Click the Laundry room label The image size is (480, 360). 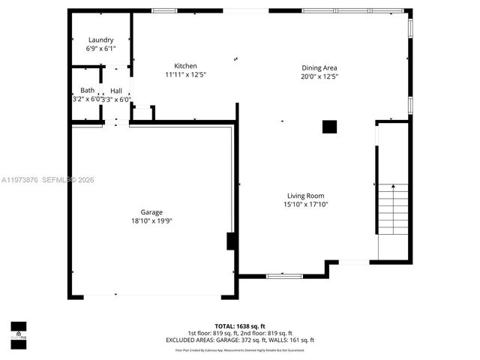100,40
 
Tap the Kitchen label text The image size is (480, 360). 185,66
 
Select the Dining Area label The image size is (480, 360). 319,67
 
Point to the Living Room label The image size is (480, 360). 305,196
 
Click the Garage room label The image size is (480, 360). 151,212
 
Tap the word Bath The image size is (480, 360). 88,91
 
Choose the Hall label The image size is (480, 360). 116,91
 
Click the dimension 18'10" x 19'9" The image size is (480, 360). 151,221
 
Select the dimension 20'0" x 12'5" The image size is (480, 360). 319,76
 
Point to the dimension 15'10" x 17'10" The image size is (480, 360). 305,204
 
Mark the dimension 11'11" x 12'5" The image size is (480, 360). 185,75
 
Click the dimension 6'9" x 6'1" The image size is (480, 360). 100,49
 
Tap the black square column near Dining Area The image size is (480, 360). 329,127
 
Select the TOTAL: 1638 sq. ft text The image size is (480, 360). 240,326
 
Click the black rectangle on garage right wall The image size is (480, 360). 231,241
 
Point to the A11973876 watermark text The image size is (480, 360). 21,180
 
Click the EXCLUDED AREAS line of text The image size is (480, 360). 240,340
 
